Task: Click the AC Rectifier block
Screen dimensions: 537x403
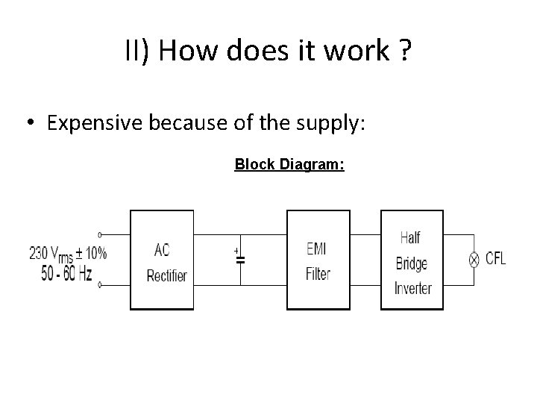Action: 162,260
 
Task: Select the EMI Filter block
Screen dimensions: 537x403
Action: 318,260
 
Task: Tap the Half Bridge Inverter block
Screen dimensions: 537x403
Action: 412,260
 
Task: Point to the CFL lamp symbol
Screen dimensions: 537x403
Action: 473,260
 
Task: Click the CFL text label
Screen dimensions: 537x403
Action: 495,259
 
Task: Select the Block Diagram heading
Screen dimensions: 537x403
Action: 289,164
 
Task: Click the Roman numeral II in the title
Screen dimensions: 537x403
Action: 134,51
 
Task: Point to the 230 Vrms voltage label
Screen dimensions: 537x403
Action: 68,253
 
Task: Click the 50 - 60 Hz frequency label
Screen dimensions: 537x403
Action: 66,274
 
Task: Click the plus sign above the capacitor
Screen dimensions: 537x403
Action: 236,249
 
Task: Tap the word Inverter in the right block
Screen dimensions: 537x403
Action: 412,288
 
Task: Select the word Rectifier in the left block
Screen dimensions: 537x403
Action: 167,276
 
